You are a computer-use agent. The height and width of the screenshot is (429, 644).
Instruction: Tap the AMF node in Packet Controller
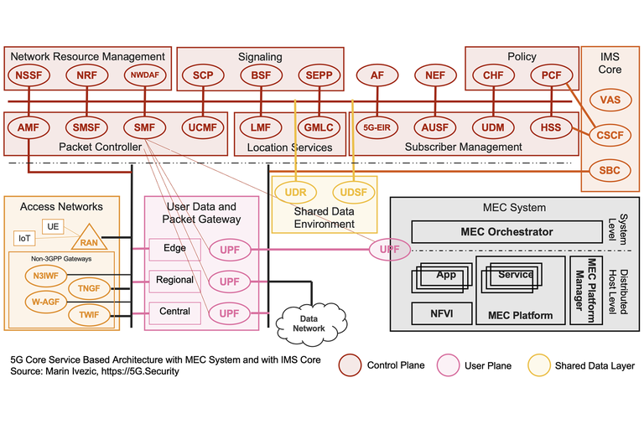point(28,128)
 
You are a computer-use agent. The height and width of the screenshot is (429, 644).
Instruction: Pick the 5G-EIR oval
point(377,128)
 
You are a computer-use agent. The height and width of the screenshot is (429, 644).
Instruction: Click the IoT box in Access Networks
point(26,239)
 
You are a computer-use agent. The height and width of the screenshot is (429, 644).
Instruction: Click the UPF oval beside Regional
point(229,281)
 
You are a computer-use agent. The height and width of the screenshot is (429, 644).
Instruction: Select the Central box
point(174,312)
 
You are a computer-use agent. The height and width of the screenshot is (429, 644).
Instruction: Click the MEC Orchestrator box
point(506,231)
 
